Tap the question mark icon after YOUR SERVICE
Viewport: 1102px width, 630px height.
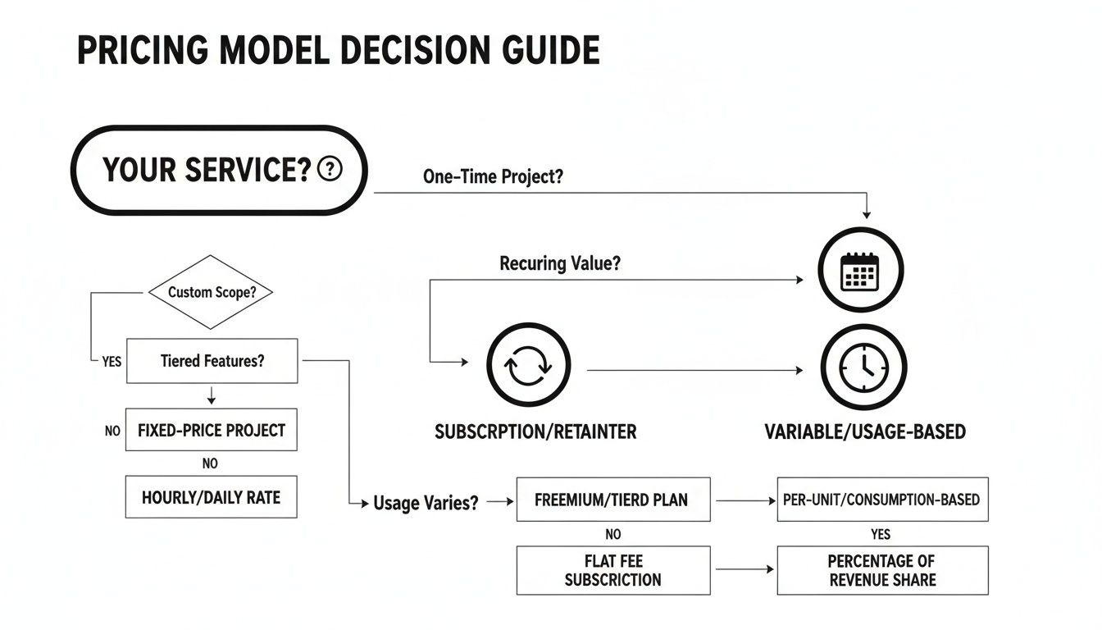[329, 170]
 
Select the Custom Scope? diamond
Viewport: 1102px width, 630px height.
[210, 292]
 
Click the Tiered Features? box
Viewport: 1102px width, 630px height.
[212, 361]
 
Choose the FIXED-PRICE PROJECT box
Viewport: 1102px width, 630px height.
[211, 430]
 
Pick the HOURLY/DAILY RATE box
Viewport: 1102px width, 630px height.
[211, 496]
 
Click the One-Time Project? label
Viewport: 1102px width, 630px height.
[493, 176]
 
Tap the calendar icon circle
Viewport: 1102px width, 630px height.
[861, 270]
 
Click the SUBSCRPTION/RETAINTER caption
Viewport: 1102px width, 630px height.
[535, 431]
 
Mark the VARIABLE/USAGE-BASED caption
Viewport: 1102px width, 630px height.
[865, 431]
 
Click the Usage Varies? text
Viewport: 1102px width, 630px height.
[426, 503]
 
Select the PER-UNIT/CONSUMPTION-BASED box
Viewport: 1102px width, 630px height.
[882, 500]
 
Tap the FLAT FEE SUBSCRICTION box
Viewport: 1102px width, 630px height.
[613, 571]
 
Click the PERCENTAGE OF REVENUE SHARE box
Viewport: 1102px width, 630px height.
[882, 571]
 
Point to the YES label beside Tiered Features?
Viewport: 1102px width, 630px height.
[112, 361]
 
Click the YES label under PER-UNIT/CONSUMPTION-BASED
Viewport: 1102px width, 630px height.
[880, 534]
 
